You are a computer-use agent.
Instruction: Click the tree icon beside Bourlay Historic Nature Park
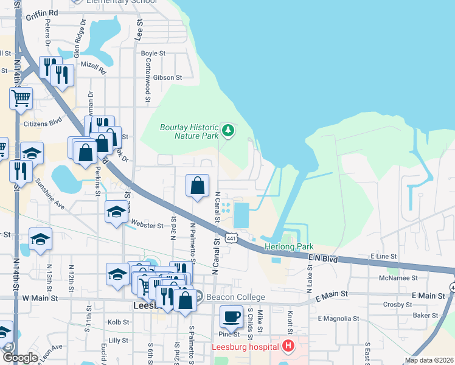click(228, 130)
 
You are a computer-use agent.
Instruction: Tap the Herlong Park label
click(288, 247)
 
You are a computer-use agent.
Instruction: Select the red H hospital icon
click(288, 347)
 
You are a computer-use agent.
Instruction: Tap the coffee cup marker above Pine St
click(231, 317)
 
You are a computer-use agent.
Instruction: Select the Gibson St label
click(168, 78)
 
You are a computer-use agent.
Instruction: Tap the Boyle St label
click(153, 54)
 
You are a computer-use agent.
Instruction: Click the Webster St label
click(147, 226)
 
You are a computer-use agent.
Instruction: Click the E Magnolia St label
click(338, 318)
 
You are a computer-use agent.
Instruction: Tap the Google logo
click(20, 358)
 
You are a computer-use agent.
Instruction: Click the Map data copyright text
click(429, 360)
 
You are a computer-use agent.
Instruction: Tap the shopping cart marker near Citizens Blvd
click(21, 99)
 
